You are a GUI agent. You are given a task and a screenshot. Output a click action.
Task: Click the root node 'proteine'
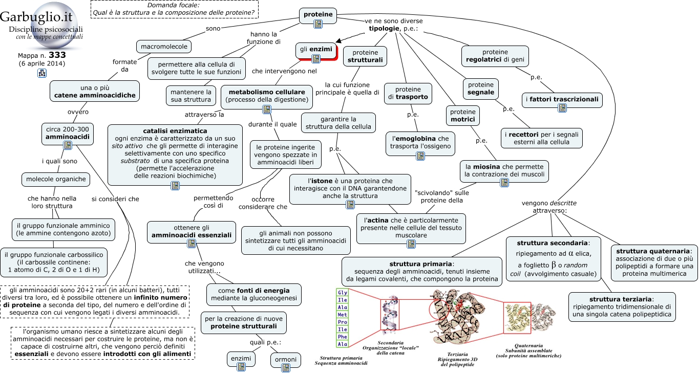tap(318, 15)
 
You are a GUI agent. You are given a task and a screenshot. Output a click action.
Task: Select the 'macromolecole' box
tap(164, 47)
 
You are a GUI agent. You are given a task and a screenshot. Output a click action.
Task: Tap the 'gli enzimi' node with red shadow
tap(316, 51)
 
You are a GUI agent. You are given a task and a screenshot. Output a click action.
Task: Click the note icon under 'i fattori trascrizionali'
tap(562, 108)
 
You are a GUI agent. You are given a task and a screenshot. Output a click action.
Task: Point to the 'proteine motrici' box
tap(463, 116)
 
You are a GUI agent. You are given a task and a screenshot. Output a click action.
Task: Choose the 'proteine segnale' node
tap(481, 89)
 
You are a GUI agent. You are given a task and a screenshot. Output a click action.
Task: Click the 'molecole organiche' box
tap(56, 180)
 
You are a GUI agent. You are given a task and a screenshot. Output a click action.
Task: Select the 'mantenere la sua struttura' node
tap(191, 96)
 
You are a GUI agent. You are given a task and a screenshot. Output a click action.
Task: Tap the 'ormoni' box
tap(286, 360)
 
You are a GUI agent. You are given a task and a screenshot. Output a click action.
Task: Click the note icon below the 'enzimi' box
tap(241, 367)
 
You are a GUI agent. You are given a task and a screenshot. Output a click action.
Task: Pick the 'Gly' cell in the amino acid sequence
tap(342, 292)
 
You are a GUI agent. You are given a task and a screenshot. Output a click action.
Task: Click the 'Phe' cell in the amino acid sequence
tap(342, 337)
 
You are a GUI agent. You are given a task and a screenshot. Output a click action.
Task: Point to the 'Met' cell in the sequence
tap(342, 315)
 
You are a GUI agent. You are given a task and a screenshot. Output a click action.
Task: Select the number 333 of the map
tap(57, 55)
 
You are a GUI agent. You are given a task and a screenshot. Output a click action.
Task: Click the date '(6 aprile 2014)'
tap(42, 63)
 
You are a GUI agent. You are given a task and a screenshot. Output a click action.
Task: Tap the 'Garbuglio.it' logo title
tap(36, 17)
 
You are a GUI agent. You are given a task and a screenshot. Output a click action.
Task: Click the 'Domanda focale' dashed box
tap(175, 9)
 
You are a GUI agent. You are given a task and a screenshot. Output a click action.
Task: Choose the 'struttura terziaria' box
tap(622, 306)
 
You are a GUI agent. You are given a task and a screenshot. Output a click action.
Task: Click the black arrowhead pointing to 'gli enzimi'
tap(338, 40)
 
